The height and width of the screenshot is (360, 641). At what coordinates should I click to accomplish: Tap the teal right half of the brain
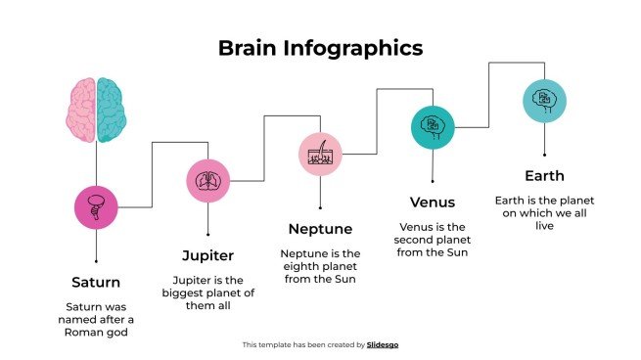pos(112,110)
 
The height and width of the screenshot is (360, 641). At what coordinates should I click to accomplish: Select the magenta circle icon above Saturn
pos(96,206)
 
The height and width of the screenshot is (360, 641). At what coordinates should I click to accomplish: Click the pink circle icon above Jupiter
pos(208,180)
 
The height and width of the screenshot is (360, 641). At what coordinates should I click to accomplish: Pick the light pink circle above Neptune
pos(320,154)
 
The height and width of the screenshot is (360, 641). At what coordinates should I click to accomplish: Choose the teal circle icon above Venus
pos(433,127)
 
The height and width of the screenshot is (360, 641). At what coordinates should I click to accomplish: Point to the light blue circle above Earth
pos(545,100)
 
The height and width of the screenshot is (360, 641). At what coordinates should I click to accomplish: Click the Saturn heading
pos(96,282)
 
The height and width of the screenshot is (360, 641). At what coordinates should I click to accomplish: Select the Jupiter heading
pos(208,255)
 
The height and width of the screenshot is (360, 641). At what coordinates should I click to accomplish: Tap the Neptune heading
pos(320,229)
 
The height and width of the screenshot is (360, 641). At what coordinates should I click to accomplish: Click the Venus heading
pos(433,202)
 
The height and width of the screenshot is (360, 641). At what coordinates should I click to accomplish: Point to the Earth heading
pos(545,176)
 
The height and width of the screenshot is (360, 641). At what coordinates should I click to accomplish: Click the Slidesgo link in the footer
pos(383,344)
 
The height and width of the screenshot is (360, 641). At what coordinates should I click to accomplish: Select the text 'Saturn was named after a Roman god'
pos(96,319)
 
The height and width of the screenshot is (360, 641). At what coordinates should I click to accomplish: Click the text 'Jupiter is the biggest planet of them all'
pos(208,292)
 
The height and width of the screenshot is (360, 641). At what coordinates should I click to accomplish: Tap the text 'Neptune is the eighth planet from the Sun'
pos(320,266)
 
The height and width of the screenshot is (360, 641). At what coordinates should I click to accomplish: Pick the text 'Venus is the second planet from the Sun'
pos(433,240)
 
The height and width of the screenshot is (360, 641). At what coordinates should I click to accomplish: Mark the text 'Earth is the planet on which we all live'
pos(545,213)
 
